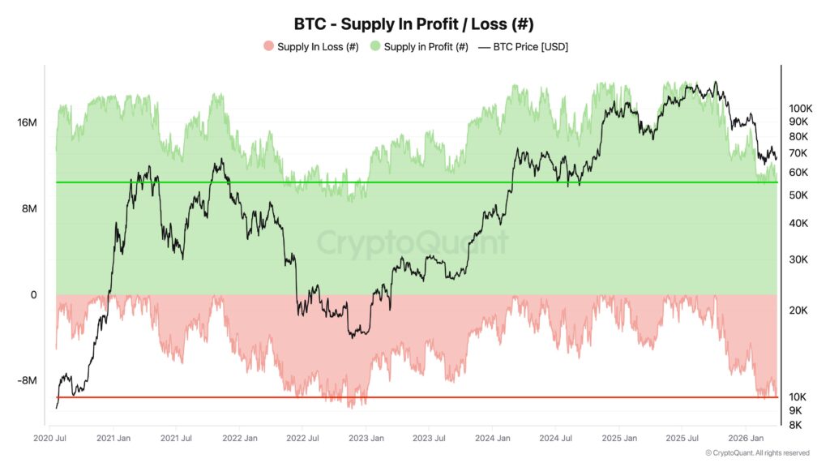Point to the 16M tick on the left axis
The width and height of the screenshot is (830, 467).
point(27,122)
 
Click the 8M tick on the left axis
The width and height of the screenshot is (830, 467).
point(29,208)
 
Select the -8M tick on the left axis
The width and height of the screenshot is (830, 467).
point(28,381)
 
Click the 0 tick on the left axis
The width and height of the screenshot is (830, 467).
point(33,295)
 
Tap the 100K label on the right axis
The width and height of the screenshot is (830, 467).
point(801,108)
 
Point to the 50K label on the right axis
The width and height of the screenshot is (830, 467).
point(798,195)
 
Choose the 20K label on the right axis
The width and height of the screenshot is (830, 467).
point(798,311)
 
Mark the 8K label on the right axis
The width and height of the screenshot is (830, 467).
point(795,425)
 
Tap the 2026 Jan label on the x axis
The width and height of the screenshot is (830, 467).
point(746,439)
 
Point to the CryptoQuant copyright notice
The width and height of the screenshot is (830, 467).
point(756,452)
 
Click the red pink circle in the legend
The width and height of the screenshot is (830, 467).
point(268,47)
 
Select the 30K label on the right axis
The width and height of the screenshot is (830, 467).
point(798,259)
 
